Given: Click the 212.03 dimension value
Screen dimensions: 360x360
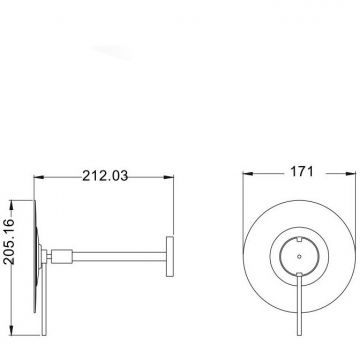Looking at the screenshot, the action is point(105,176).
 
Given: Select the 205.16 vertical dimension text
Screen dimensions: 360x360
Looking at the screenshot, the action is point(9,241).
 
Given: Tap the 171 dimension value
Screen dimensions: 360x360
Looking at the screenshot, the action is point(302,172).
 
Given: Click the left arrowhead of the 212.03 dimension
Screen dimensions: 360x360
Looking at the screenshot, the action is point(39,177).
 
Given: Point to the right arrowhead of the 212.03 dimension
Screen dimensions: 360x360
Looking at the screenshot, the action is point(169,177).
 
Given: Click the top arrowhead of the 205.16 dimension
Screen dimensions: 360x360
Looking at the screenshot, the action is point(11,205).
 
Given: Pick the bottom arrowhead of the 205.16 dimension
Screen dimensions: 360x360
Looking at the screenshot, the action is point(11,330).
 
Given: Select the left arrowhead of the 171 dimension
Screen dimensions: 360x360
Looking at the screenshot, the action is point(248,174).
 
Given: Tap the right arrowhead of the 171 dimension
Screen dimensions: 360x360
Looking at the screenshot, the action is point(351,174).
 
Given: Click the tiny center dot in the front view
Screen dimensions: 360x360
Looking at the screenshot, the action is point(299,256).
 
